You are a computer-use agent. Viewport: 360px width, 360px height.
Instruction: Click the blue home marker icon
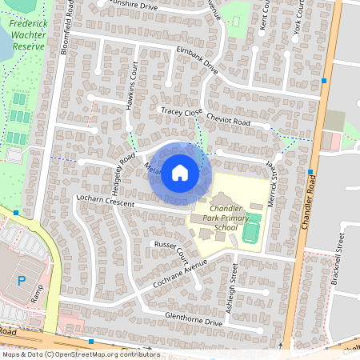click(180, 172)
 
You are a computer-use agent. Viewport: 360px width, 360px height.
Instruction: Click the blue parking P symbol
click(22, 281)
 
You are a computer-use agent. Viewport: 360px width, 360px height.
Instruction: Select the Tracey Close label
click(182, 112)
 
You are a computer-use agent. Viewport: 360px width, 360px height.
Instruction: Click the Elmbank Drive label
click(197, 59)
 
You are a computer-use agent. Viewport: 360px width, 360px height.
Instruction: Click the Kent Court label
click(265, 22)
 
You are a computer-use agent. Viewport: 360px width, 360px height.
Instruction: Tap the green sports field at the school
click(251, 232)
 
